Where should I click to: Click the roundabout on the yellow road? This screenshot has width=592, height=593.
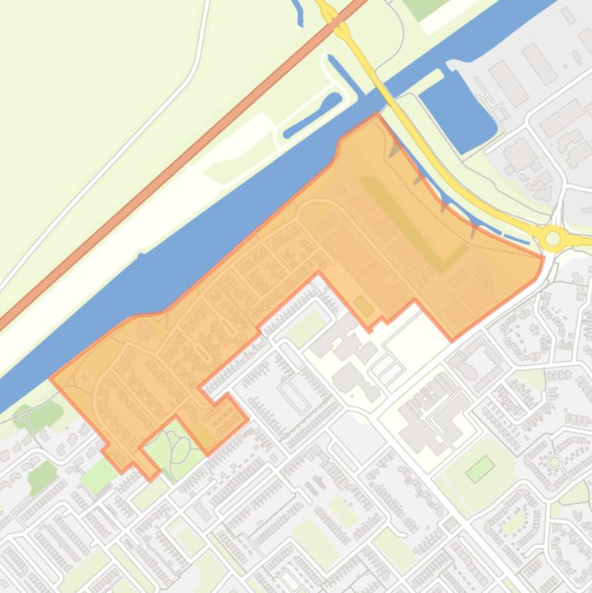(x=552, y=239)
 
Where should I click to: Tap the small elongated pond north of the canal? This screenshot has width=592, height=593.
(x=311, y=116)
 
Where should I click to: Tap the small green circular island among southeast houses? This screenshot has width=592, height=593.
(x=554, y=462)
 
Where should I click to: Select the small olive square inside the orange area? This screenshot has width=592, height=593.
(x=363, y=306)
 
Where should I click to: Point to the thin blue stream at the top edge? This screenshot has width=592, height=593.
(x=296, y=12)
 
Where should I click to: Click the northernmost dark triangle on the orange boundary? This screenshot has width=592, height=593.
(x=395, y=147)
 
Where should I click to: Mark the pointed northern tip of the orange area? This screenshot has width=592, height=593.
(x=376, y=115)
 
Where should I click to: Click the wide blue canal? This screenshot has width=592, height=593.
(x=231, y=231)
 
